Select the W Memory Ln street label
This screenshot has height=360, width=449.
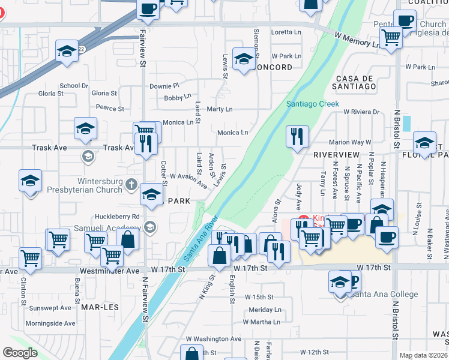coord(358,40)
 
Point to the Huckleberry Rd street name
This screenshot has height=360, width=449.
coord(117,216)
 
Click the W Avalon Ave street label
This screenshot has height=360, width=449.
coord(188,179)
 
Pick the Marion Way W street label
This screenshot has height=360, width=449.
coord(350,142)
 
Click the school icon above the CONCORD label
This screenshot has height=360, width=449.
coord(244,59)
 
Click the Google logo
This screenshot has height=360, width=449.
coord(20,353)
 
